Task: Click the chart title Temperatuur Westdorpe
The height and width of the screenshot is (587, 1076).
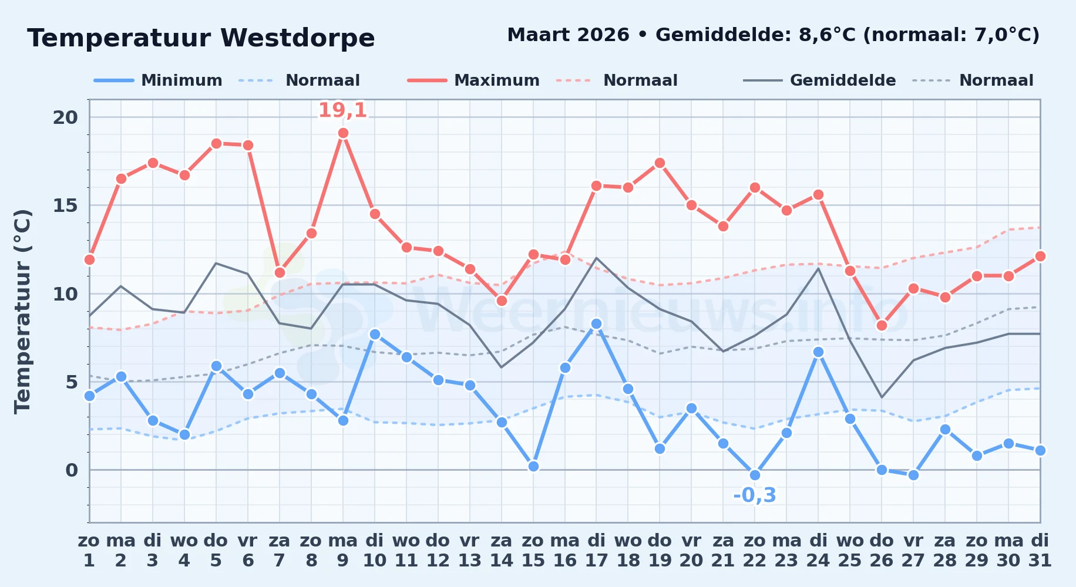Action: pos(201,38)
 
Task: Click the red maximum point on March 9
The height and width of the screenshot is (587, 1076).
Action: pos(343,133)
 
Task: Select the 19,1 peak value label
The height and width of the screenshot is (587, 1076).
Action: pos(342,110)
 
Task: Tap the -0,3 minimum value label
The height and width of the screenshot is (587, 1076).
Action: pos(755,495)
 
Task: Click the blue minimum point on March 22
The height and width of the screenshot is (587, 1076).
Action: pos(755,475)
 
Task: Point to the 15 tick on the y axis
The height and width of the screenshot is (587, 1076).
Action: pos(65,205)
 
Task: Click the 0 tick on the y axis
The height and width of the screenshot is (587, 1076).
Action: pos(72,470)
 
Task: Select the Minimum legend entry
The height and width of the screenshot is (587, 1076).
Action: pos(158,80)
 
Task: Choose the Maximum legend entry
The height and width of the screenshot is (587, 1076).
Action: pos(473,80)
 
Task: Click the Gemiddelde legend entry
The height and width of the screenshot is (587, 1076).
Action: pos(819,80)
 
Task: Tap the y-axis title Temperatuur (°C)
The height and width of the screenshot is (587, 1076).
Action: pos(22,311)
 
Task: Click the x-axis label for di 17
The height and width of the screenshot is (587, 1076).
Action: pos(596,550)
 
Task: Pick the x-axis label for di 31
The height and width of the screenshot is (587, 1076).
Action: pos(1040,550)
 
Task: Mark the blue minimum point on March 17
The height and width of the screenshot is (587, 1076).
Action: pos(596,323)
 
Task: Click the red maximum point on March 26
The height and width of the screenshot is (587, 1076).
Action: pos(882,325)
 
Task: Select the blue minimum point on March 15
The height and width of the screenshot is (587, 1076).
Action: pos(533,466)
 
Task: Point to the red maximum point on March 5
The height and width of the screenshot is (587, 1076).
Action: pos(216,143)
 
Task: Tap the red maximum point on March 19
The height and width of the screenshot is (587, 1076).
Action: pos(660,163)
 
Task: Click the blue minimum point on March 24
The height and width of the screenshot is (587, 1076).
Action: pos(818,352)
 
